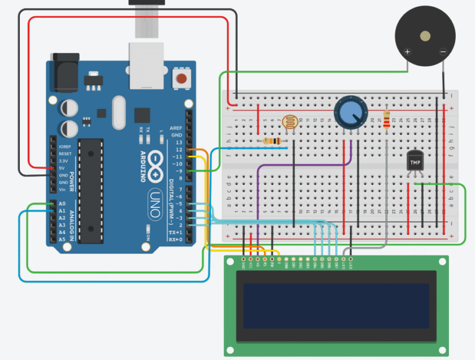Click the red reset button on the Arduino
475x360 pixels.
(182, 79)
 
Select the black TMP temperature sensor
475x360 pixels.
(414, 161)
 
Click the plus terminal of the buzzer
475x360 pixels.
(408, 53)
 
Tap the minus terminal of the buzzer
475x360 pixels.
(443, 53)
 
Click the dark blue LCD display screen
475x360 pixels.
(336, 306)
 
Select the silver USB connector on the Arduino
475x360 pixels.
(146, 64)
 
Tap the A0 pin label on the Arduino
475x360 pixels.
(61, 204)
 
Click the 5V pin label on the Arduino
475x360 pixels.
(61, 168)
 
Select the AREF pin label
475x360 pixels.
(177, 127)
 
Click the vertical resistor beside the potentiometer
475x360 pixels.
(387, 122)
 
